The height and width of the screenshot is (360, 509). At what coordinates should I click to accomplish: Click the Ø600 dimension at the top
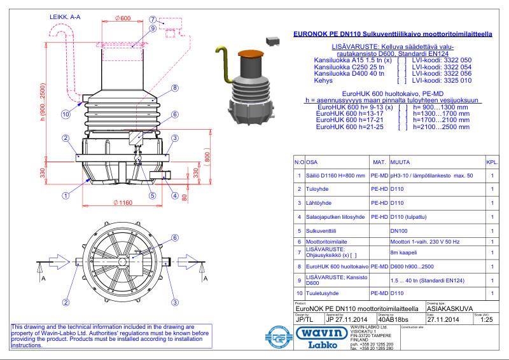pos(123,17)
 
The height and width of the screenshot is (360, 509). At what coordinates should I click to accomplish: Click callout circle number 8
pos(174,88)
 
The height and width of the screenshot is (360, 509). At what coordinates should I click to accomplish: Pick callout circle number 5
pos(153,196)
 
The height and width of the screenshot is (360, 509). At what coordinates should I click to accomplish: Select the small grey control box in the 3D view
pos(274,40)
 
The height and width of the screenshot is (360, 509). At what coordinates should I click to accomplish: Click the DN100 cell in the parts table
pos(399,231)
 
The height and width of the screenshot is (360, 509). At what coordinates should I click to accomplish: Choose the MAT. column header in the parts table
pos(379,162)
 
